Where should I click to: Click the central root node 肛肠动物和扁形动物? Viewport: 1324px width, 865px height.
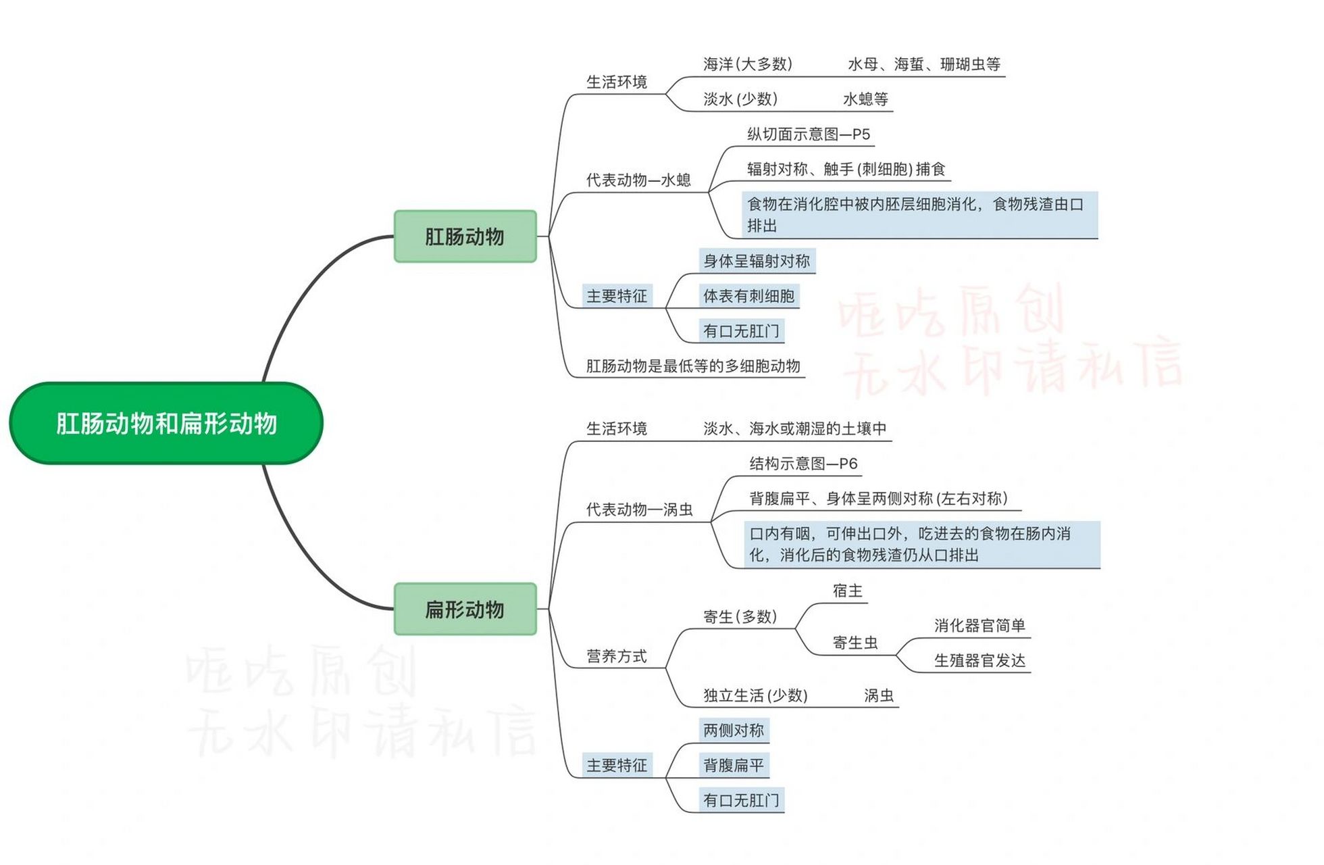click(x=166, y=424)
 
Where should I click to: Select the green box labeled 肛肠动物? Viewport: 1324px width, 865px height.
click(x=465, y=237)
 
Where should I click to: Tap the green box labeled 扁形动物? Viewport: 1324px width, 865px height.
click(x=465, y=609)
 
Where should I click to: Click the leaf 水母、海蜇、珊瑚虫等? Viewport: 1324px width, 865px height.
click(x=923, y=64)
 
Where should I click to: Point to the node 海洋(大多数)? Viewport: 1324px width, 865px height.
click(x=747, y=64)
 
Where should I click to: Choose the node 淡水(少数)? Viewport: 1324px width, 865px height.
click(x=740, y=99)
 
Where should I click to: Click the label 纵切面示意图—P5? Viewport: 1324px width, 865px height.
click(x=808, y=134)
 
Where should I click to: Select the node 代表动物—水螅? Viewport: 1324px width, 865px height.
click(x=638, y=180)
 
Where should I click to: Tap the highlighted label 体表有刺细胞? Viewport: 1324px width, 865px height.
click(x=748, y=296)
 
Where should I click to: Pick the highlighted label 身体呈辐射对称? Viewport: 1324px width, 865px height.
click(x=756, y=261)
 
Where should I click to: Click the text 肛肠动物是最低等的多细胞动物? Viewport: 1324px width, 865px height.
click(x=692, y=366)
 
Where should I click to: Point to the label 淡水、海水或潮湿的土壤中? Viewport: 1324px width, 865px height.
click(x=794, y=428)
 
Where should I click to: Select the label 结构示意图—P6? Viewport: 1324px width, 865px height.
click(x=803, y=464)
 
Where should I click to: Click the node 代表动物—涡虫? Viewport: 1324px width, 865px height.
click(x=639, y=510)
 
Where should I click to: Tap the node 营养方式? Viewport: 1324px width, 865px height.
click(x=616, y=656)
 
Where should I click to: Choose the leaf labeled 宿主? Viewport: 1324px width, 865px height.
click(x=847, y=591)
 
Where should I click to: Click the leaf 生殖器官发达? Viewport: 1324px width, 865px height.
click(x=979, y=661)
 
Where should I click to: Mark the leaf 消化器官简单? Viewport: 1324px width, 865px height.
click(x=979, y=626)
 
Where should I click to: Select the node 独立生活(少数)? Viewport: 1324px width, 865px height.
click(x=755, y=695)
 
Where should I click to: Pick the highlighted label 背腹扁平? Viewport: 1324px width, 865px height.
click(x=733, y=766)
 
